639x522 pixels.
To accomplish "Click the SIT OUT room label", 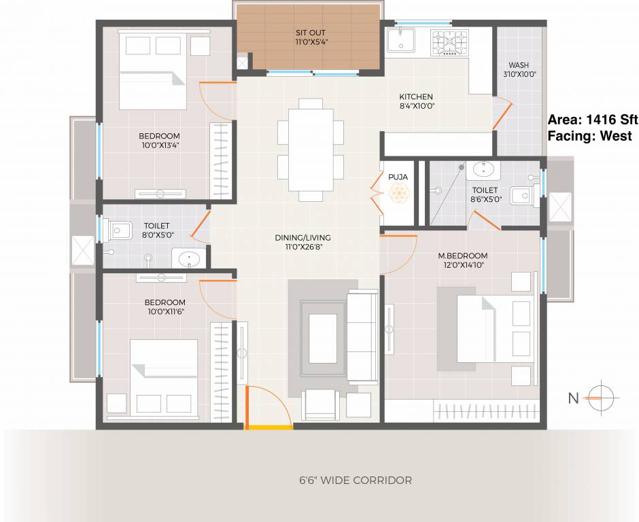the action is [x=311, y=33].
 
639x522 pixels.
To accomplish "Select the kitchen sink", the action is [x=401, y=40].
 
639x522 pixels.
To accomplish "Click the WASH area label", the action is [x=519, y=65].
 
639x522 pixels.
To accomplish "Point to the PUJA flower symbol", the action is [x=398, y=193].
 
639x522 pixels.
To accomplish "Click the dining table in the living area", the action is [x=311, y=150].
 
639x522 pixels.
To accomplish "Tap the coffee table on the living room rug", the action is [x=323, y=338].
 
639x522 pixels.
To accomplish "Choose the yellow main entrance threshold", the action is [x=269, y=428].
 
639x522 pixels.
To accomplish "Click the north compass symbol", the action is [x=602, y=398].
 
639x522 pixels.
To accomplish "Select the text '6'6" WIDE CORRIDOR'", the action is [x=356, y=481].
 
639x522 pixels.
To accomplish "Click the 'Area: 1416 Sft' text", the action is [x=593, y=120].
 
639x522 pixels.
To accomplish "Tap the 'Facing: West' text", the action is [x=589, y=136].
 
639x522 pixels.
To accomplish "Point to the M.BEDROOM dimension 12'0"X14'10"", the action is [x=463, y=265].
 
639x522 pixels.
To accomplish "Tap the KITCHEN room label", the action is [x=415, y=97].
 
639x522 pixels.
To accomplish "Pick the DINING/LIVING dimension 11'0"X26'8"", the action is [x=303, y=247].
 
